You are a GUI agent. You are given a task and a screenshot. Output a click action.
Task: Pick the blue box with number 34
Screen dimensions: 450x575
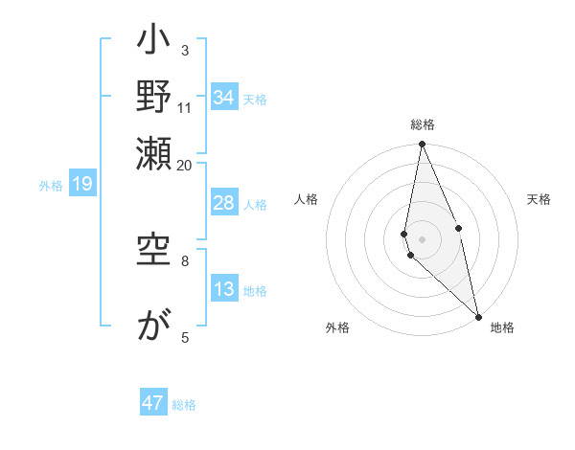point(224,98)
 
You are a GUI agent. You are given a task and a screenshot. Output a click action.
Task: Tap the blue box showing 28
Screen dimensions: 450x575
point(224,203)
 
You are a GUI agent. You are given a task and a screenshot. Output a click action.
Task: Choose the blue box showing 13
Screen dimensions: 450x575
point(224,289)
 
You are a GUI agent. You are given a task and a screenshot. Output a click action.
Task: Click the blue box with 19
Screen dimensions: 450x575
point(82,185)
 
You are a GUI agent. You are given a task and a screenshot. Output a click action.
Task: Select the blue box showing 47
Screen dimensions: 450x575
point(153,403)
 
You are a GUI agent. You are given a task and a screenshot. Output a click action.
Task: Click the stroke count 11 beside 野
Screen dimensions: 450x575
point(185,107)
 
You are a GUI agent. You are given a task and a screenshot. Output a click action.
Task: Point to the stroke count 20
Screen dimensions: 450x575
point(185,165)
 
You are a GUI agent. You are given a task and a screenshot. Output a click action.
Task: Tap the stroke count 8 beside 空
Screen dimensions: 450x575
point(185,259)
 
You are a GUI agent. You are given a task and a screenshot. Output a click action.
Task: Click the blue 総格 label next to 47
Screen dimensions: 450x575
point(184,405)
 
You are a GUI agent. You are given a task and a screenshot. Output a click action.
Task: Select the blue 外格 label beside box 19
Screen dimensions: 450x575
point(51,186)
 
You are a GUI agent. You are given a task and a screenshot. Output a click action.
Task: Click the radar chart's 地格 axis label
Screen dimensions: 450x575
point(502,327)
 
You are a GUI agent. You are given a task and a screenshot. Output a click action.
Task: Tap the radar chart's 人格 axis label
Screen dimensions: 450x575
point(306,199)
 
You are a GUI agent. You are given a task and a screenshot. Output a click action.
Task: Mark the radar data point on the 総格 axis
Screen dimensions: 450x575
point(422,145)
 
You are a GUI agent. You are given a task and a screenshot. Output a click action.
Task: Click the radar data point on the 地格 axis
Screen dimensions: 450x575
point(478,316)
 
